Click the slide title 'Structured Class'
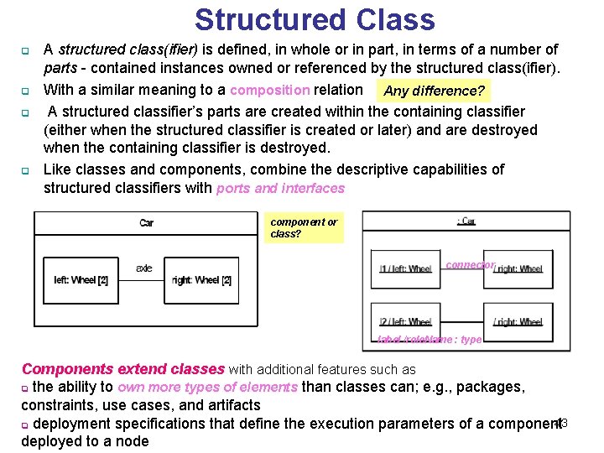pos(315,19)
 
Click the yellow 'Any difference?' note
pos(434,91)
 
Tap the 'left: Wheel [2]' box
pos(81,280)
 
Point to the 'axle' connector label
pos(143,268)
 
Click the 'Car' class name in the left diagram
pos(146,222)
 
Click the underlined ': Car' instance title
pos(466,221)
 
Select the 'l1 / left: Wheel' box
pos(405,269)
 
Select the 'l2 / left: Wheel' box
pos(405,321)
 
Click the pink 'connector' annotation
pos(470,264)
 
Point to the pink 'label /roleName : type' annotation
pos(430,340)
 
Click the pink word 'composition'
pos(269,90)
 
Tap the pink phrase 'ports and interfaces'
pos(280,188)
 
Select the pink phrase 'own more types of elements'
pos(207,387)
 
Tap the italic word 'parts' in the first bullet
pos(60,68)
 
